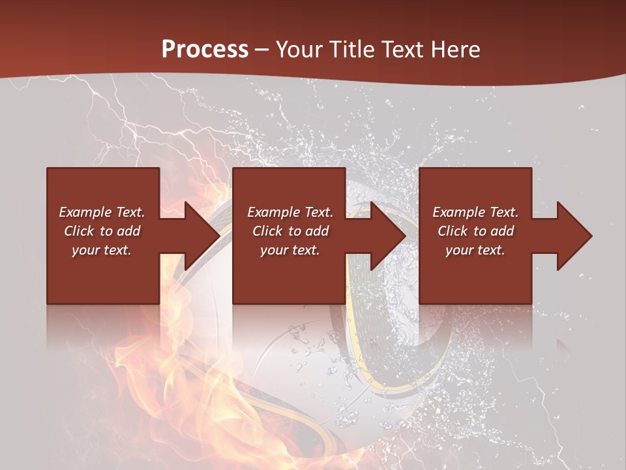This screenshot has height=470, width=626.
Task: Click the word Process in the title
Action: (x=205, y=50)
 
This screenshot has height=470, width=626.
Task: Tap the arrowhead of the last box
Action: (x=574, y=236)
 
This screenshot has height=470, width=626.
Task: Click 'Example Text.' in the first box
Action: (x=102, y=212)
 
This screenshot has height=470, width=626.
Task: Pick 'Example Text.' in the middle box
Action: (x=290, y=212)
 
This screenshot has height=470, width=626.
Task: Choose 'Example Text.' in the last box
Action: (x=475, y=212)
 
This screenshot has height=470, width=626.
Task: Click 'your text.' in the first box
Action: (x=102, y=250)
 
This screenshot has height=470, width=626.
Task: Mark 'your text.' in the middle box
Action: (x=290, y=250)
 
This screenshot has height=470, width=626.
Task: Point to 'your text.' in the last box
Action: (x=475, y=250)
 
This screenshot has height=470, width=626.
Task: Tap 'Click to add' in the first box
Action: (x=102, y=231)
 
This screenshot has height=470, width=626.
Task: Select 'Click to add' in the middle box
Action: (x=290, y=231)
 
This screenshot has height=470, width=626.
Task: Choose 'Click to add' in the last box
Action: (x=475, y=231)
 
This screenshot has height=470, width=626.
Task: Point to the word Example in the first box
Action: (x=84, y=212)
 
